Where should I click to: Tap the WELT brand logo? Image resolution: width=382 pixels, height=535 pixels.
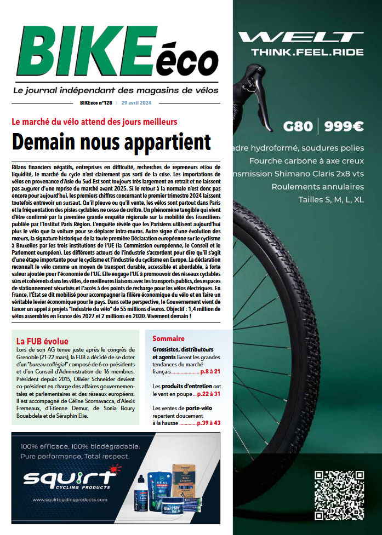(x=301, y=38)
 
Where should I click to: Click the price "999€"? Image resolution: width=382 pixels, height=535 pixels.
(x=344, y=126)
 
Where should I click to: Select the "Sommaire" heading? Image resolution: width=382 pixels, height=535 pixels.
(x=168, y=338)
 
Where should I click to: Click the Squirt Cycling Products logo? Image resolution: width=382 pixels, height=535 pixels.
(x=66, y=479)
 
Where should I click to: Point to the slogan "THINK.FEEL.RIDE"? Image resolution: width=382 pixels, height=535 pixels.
(x=307, y=53)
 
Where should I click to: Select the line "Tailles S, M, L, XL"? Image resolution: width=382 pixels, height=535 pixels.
(x=330, y=200)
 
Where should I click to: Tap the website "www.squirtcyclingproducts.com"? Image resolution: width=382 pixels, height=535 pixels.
(x=70, y=499)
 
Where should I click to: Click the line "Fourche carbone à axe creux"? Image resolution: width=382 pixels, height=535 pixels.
(x=306, y=160)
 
